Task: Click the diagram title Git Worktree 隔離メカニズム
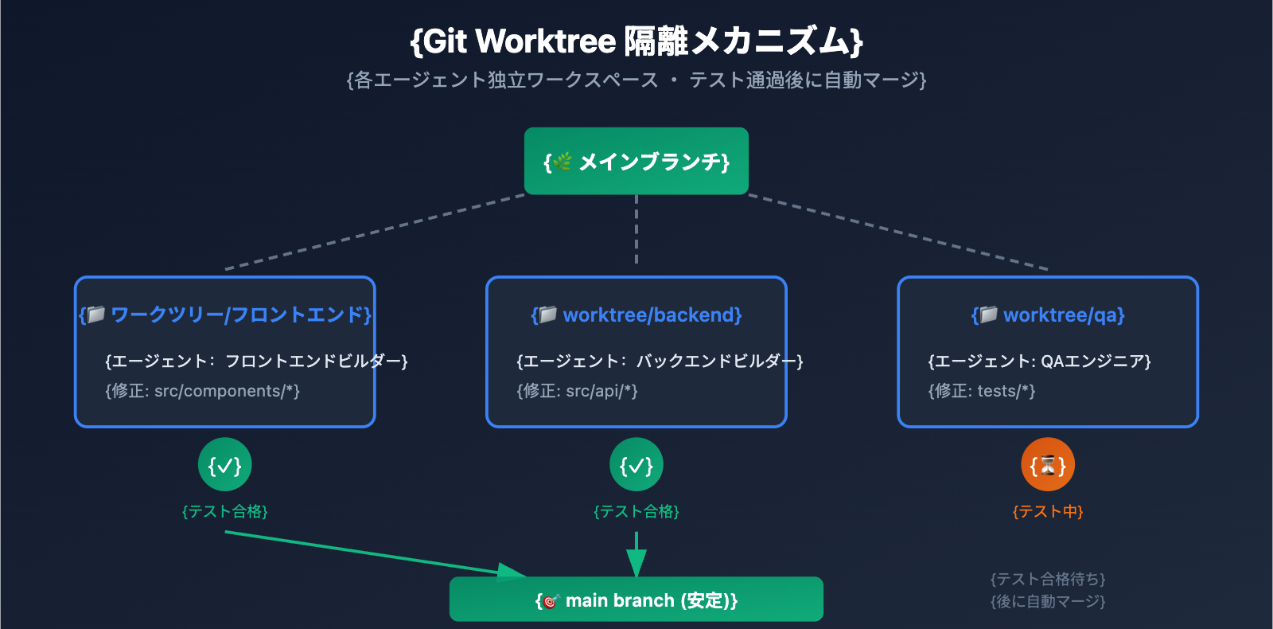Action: [x=636, y=41]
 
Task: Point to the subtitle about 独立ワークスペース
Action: [x=636, y=80]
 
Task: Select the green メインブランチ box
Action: [x=636, y=161]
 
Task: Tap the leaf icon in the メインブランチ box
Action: [x=563, y=162]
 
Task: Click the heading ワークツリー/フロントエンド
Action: [x=225, y=315]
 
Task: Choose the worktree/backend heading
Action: [x=636, y=315]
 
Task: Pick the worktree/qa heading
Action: [x=1048, y=315]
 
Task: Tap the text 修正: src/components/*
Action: [x=202, y=391]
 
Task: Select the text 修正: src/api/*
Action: [x=577, y=391]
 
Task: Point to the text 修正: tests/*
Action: [x=981, y=391]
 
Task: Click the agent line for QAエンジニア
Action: [x=1039, y=361]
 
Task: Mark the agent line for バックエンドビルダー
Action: [x=660, y=361]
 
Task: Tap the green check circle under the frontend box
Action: [x=225, y=465]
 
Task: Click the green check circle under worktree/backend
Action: [x=636, y=465]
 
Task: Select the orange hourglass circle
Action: [x=1048, y=465]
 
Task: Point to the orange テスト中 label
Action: [x=1048, y=511]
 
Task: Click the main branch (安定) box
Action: [x=636, y=600]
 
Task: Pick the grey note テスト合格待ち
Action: [x=1048, y=579]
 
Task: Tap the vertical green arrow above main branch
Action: [x=636, y=553]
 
